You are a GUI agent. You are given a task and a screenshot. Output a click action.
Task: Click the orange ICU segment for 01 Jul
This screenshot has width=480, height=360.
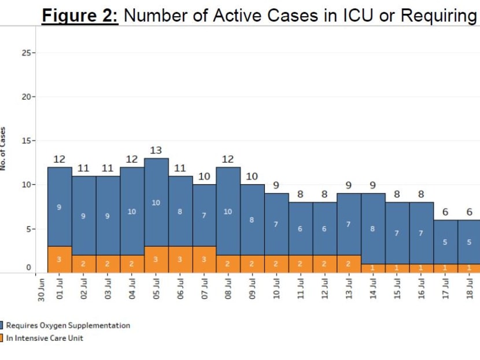tap(59, 259)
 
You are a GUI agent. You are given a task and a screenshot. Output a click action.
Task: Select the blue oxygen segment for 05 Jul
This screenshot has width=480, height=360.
tap(156, 202)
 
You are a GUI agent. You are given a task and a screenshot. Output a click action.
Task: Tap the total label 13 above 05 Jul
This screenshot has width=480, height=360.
tap(156, 150)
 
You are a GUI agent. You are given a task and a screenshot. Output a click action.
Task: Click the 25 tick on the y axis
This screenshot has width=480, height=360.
tap(26, 53)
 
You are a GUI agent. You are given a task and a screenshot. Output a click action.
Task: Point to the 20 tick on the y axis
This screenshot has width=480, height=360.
tap(26, 97)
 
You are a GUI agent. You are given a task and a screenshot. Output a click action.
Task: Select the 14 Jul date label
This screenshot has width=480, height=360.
tap(373, 287)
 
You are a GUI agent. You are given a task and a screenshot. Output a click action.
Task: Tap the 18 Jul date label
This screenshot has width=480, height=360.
tap(470, 287)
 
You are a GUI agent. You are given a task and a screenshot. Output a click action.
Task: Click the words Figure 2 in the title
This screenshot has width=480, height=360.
tap(79, 16)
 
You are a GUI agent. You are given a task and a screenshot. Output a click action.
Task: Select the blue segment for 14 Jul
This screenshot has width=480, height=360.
tap(373, 229)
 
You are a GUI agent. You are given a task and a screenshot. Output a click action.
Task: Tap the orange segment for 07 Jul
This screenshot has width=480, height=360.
tap(204, 259)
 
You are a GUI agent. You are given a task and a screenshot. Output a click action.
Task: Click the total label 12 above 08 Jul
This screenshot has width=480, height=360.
tap(228, 159)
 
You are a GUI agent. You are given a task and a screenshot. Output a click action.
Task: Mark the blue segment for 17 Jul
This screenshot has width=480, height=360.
tap(445, 242)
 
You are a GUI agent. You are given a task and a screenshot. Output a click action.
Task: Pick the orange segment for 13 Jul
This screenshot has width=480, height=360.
tap(349, 264)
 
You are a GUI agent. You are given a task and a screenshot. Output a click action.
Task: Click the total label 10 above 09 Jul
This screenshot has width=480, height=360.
tap(252, 177)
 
